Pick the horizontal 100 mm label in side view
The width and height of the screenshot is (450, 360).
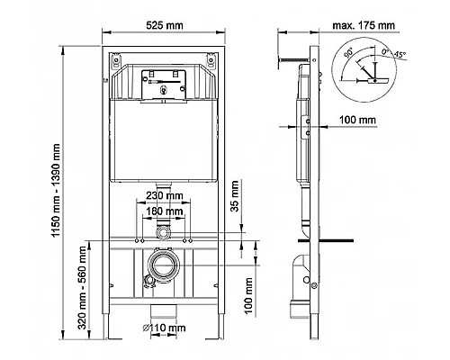coord(372,118)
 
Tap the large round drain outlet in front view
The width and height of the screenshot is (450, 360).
coord(163,268)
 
